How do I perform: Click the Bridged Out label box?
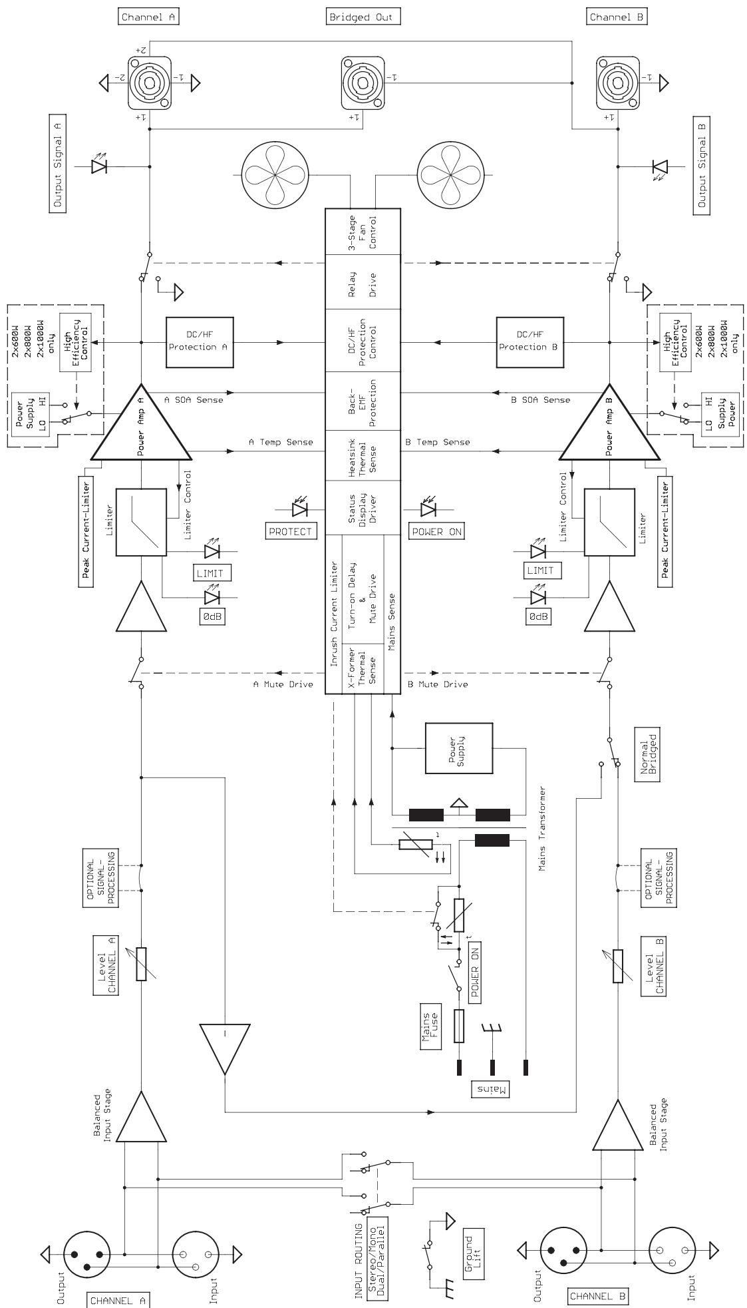(x=364, y=17)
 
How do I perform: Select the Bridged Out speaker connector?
(x=363, y=83)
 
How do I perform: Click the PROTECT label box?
(x=291, y=531)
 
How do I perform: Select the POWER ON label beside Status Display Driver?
(x=436, y=531)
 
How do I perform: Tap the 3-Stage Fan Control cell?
(x=363, y=231)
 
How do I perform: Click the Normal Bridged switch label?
(x=649, y=758)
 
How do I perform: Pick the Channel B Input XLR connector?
(x=673, y=1254)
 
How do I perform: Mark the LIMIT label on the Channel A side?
(x=210, y=573)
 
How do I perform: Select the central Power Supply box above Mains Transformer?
(x=459, y=749)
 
